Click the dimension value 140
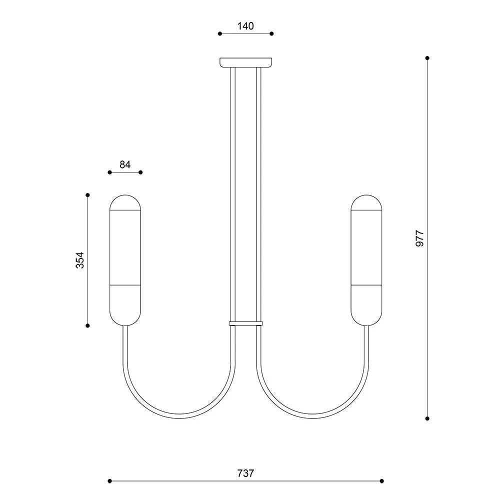(x=245, y=26)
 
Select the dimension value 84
(x=125, y=164)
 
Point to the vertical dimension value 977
(x=420, y=238)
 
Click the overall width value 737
(x=245, y=473)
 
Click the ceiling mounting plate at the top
(x=246, y=62)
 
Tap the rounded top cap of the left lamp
(x=125, y=202)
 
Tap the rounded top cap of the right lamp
(x=366, y=202)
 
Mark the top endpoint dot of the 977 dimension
(x=427, y=58)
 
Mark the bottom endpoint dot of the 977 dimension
(x=427, y=418)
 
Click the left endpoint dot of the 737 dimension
(x=110, y=481)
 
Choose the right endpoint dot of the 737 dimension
(x=382, y=481)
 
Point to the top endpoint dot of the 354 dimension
(x=87, y=195)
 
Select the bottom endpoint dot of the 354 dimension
(x=87, y=325)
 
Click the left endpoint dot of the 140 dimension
(x=220, y=34)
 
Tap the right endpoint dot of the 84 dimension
(x=140, y=172)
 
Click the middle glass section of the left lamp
(x=125, y=247)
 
